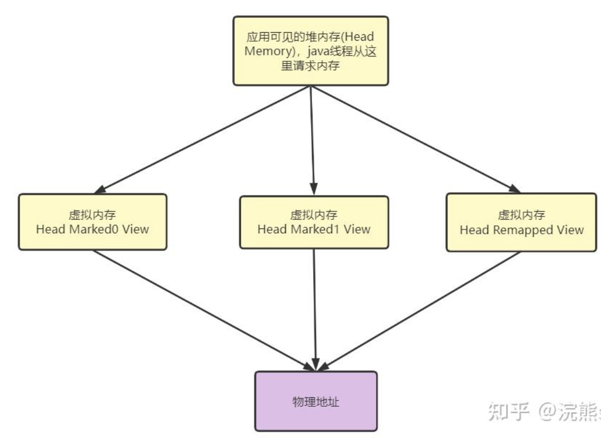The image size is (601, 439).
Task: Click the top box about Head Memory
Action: point(311,51)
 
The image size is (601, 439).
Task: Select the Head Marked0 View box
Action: point(92,222)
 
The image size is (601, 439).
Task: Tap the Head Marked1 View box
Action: point(314,222)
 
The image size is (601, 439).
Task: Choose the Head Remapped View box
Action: point(521,222)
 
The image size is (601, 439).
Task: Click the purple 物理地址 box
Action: point(316,402)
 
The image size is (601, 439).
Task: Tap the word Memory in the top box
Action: point(265,51)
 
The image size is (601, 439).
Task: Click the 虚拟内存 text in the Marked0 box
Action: point(92,215)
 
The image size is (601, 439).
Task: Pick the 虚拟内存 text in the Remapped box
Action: point(522,215)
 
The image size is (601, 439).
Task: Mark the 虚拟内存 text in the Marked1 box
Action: point(314,215)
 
